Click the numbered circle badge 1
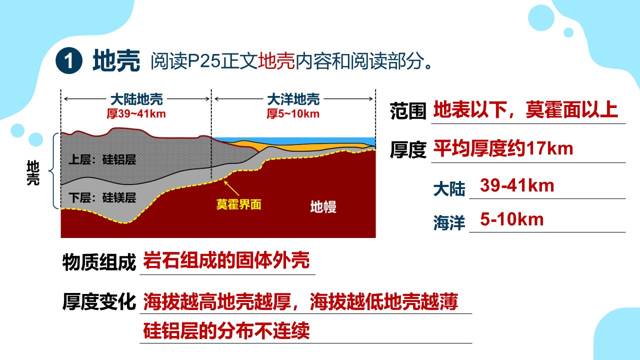tap(69, 60)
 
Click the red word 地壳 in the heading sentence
tap(276, 61)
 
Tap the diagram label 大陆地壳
tap(136, 99)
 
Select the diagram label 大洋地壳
tap(293, 99)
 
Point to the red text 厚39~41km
tap(136, 113)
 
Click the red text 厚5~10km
tap(293, 113)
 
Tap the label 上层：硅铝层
tap(102, 159)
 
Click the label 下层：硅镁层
tap(102, 197)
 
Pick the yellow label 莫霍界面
tap(239, 204)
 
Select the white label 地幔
tap(323, 206)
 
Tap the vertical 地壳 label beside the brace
tap(33, 173)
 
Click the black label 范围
tap(408, 111)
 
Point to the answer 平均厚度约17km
tap(503, 148)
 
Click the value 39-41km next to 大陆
tap(517, 185)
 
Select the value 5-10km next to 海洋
tap(511, 219)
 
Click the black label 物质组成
tap(99, 262)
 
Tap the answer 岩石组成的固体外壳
tap(226, 260)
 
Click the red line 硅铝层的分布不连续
tap(226, 330)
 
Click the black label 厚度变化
tap(99, 301)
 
